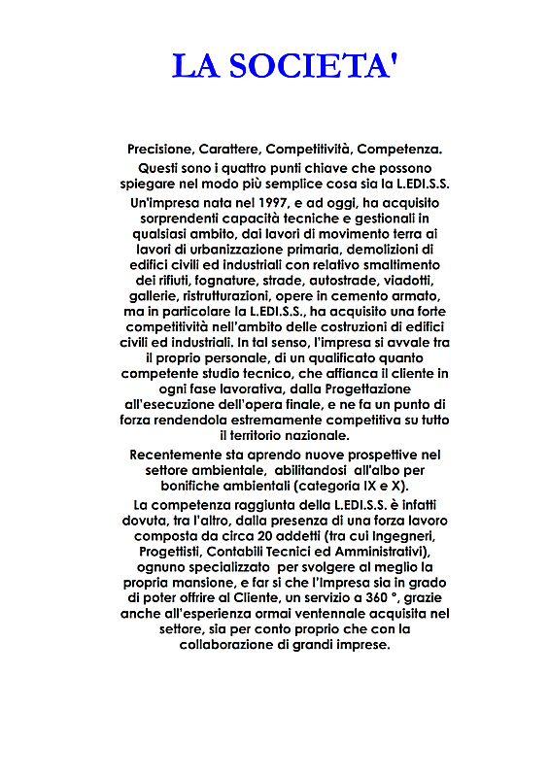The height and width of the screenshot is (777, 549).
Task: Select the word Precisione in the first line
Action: [x=160, y=150]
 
